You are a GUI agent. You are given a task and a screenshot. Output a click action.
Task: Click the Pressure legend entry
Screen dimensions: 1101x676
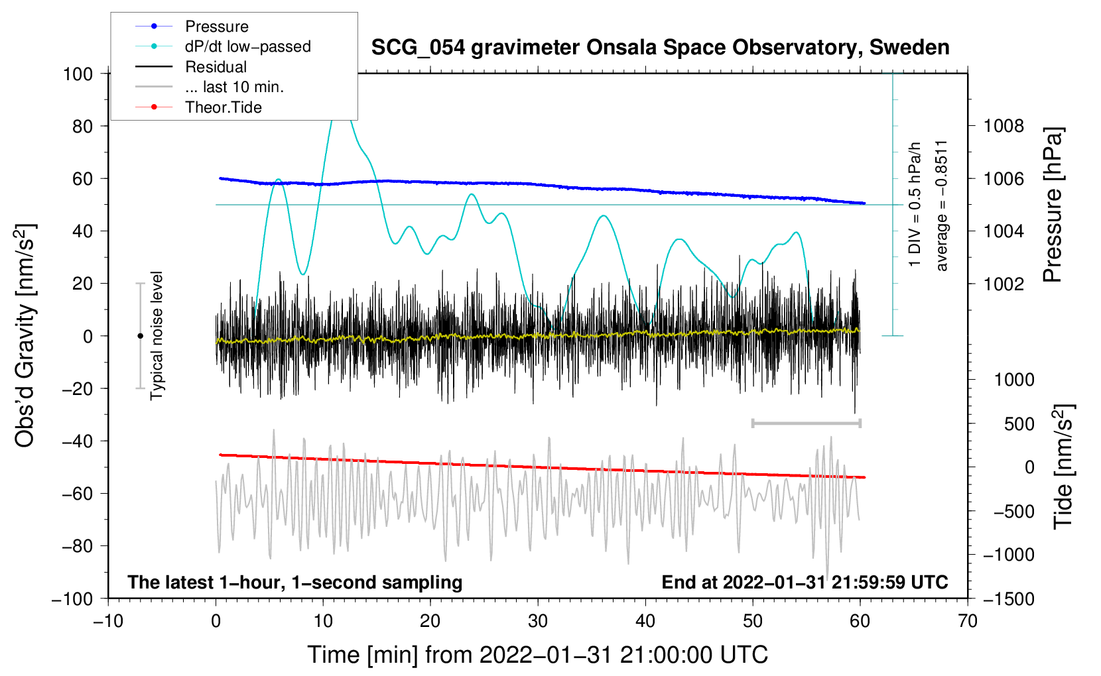pyautogui.click(x=192, y=26)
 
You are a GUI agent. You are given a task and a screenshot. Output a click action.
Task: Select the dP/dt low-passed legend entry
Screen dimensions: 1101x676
pyautogui.click(x=223, y=46)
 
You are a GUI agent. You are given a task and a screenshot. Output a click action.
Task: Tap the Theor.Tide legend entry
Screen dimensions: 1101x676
pyautogui.click(x=198, y=107)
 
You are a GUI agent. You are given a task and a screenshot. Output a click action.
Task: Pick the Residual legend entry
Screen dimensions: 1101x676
pyautogui.click(x=191, y=67)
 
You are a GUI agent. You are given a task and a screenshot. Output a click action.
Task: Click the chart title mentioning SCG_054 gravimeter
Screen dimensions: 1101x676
pyautogui.click(x=660, y=48)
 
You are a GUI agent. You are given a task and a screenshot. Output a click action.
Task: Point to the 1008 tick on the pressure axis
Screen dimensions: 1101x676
pyautogui.click(x=1004, y=127)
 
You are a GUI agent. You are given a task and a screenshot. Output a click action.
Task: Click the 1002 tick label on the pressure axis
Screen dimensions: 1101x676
pyautogui.click(x=1004, y=284)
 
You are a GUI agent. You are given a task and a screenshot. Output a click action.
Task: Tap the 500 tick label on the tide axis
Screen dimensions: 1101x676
pyautogui.click(x=1019, y=424)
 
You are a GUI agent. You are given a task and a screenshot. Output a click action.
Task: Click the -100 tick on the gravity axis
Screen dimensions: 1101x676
pyautogui.click(x=73, y=599)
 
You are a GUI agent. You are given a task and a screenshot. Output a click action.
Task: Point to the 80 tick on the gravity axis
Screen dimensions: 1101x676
pyautogui.click(x=82, y=127)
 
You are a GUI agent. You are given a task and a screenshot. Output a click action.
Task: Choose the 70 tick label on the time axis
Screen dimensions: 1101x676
pyautogui.click(x=967, y=621)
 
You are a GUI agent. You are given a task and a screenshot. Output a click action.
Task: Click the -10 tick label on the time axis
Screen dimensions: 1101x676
pyautogui.click(x=108, y=621)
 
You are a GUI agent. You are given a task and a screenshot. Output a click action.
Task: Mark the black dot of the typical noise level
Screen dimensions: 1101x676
pyautogui.click(x=140, y=336)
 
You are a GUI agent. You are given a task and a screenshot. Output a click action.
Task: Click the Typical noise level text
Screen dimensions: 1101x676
pyautogui.click(x=156, y=336)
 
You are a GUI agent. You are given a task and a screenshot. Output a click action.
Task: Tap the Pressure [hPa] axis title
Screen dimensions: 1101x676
pyautogui.click(x=1053, y=205)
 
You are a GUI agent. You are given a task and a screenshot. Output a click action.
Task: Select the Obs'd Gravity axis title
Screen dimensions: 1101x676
pyautogui.click(x=25, y=336)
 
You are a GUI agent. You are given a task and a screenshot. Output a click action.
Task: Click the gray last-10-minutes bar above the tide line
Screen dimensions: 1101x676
pyautogui.click(x=806, y=423)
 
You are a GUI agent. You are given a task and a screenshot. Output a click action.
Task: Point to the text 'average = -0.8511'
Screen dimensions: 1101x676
pyautogui.click(x=940, y=205)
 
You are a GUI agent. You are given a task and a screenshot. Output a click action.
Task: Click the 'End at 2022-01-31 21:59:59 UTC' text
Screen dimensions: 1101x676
pyautogui.click(x=805, y=582)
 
